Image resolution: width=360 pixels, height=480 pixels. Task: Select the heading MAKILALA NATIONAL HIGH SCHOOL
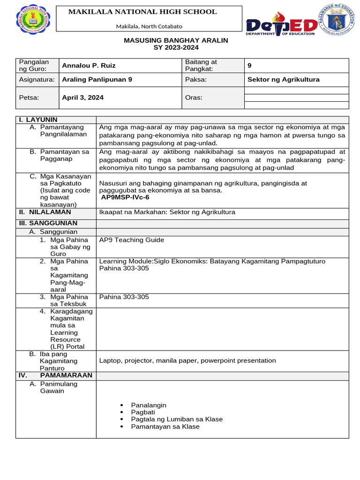[142, 12]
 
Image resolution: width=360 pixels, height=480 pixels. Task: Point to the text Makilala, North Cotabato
[149, 27]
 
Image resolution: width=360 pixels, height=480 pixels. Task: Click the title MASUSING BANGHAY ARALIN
[176, 40]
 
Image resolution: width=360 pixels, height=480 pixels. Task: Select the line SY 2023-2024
[176, 48]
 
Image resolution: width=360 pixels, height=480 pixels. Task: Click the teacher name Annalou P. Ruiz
[89, 66]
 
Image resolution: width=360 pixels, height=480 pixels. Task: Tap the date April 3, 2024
[83, 97]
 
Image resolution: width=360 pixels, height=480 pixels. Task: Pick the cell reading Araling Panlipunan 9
[97, 80]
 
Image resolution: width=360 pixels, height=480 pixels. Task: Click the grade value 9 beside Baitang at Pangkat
[249, 66]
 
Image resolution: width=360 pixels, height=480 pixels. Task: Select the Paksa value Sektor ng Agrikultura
[283, 80]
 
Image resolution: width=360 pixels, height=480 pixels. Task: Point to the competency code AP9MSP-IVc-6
[125, 198]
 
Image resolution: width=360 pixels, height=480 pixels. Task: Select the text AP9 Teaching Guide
[132, 240]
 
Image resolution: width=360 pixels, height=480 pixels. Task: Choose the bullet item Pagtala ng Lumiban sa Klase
[177, 420]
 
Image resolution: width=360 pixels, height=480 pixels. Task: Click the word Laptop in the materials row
[110, 360]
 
